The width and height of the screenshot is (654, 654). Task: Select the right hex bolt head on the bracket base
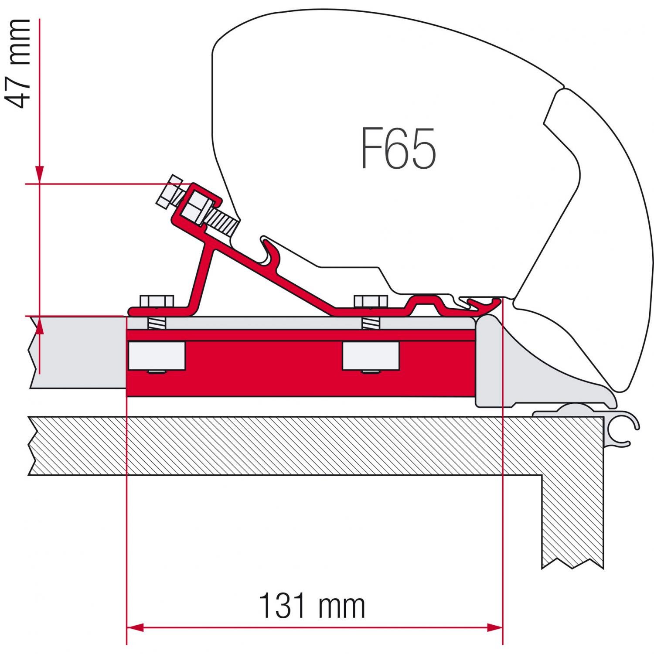(371, 301)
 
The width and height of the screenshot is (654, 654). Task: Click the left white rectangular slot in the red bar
(156, 355)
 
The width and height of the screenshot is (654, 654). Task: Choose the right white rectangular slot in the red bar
(371, 355)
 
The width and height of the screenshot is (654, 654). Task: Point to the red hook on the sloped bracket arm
(270, 250)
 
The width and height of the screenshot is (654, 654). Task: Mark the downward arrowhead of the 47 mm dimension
(40, 175)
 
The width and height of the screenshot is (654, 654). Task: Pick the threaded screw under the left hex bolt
(156, 324)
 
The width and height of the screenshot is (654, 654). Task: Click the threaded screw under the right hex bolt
(371, 324)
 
